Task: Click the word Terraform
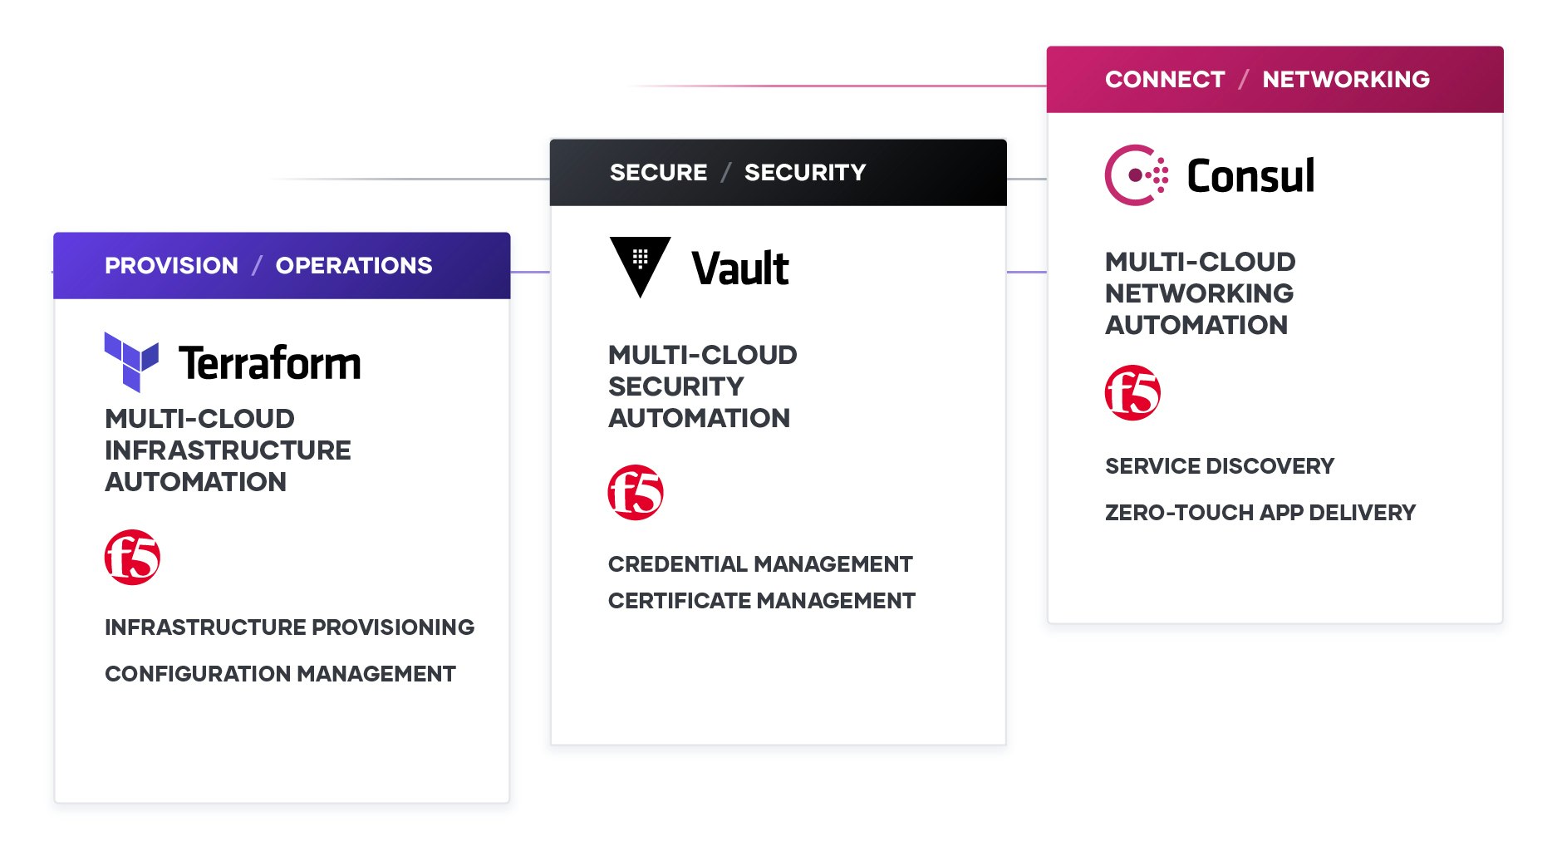click(270, 363)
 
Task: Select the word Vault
click(740, 268)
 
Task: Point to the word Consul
click(1250, 176)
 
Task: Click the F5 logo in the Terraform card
click(132, 557)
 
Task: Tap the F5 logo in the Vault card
click(636, 492)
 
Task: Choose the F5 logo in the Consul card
click(1132, 392)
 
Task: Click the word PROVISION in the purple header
click(171, 266)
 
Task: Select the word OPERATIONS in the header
click(354, 266)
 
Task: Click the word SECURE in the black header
click(658, 173)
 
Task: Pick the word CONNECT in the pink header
click(1165, 80)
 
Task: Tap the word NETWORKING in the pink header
click(1346, 80)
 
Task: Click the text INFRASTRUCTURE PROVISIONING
click(289, 627)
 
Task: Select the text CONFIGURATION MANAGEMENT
click(280, 674)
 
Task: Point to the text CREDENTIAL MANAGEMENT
click(760, 564)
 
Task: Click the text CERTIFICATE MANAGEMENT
click(762, 601)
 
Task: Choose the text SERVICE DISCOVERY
click(1220, 466)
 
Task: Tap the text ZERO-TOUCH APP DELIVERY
click(1260, 513)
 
